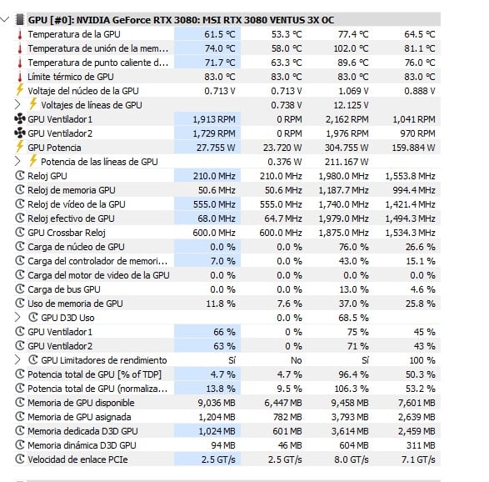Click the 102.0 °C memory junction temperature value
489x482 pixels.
click(351, 48)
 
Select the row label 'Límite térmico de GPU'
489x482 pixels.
click(71, 77)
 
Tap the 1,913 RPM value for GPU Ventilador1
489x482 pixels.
click(214, 119)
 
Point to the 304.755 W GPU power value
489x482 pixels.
click(347, 148)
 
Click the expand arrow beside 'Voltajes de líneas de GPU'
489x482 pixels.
click(17, 104)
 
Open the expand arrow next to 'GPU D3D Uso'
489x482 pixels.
click(17, 318)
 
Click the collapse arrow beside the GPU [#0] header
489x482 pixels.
click(5, 20)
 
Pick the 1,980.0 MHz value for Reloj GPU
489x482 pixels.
click(343, 176)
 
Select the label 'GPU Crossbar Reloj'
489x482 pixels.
click(67, 233)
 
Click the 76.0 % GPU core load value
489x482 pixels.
click(354, 247)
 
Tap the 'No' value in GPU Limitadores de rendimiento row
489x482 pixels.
click(297, 360)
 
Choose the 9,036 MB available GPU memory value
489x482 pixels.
click(217, 403)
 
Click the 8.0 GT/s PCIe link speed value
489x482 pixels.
click(352, 459)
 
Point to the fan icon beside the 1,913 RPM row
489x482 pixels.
click(20, 119)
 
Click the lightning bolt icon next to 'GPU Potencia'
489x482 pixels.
click(20, 146)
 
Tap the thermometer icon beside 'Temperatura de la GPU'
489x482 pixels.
click(20, 34)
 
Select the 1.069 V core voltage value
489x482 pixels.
click(353, 91)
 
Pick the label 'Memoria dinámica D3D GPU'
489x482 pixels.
click(82, 445)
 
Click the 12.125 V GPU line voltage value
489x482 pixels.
click(351, 105)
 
